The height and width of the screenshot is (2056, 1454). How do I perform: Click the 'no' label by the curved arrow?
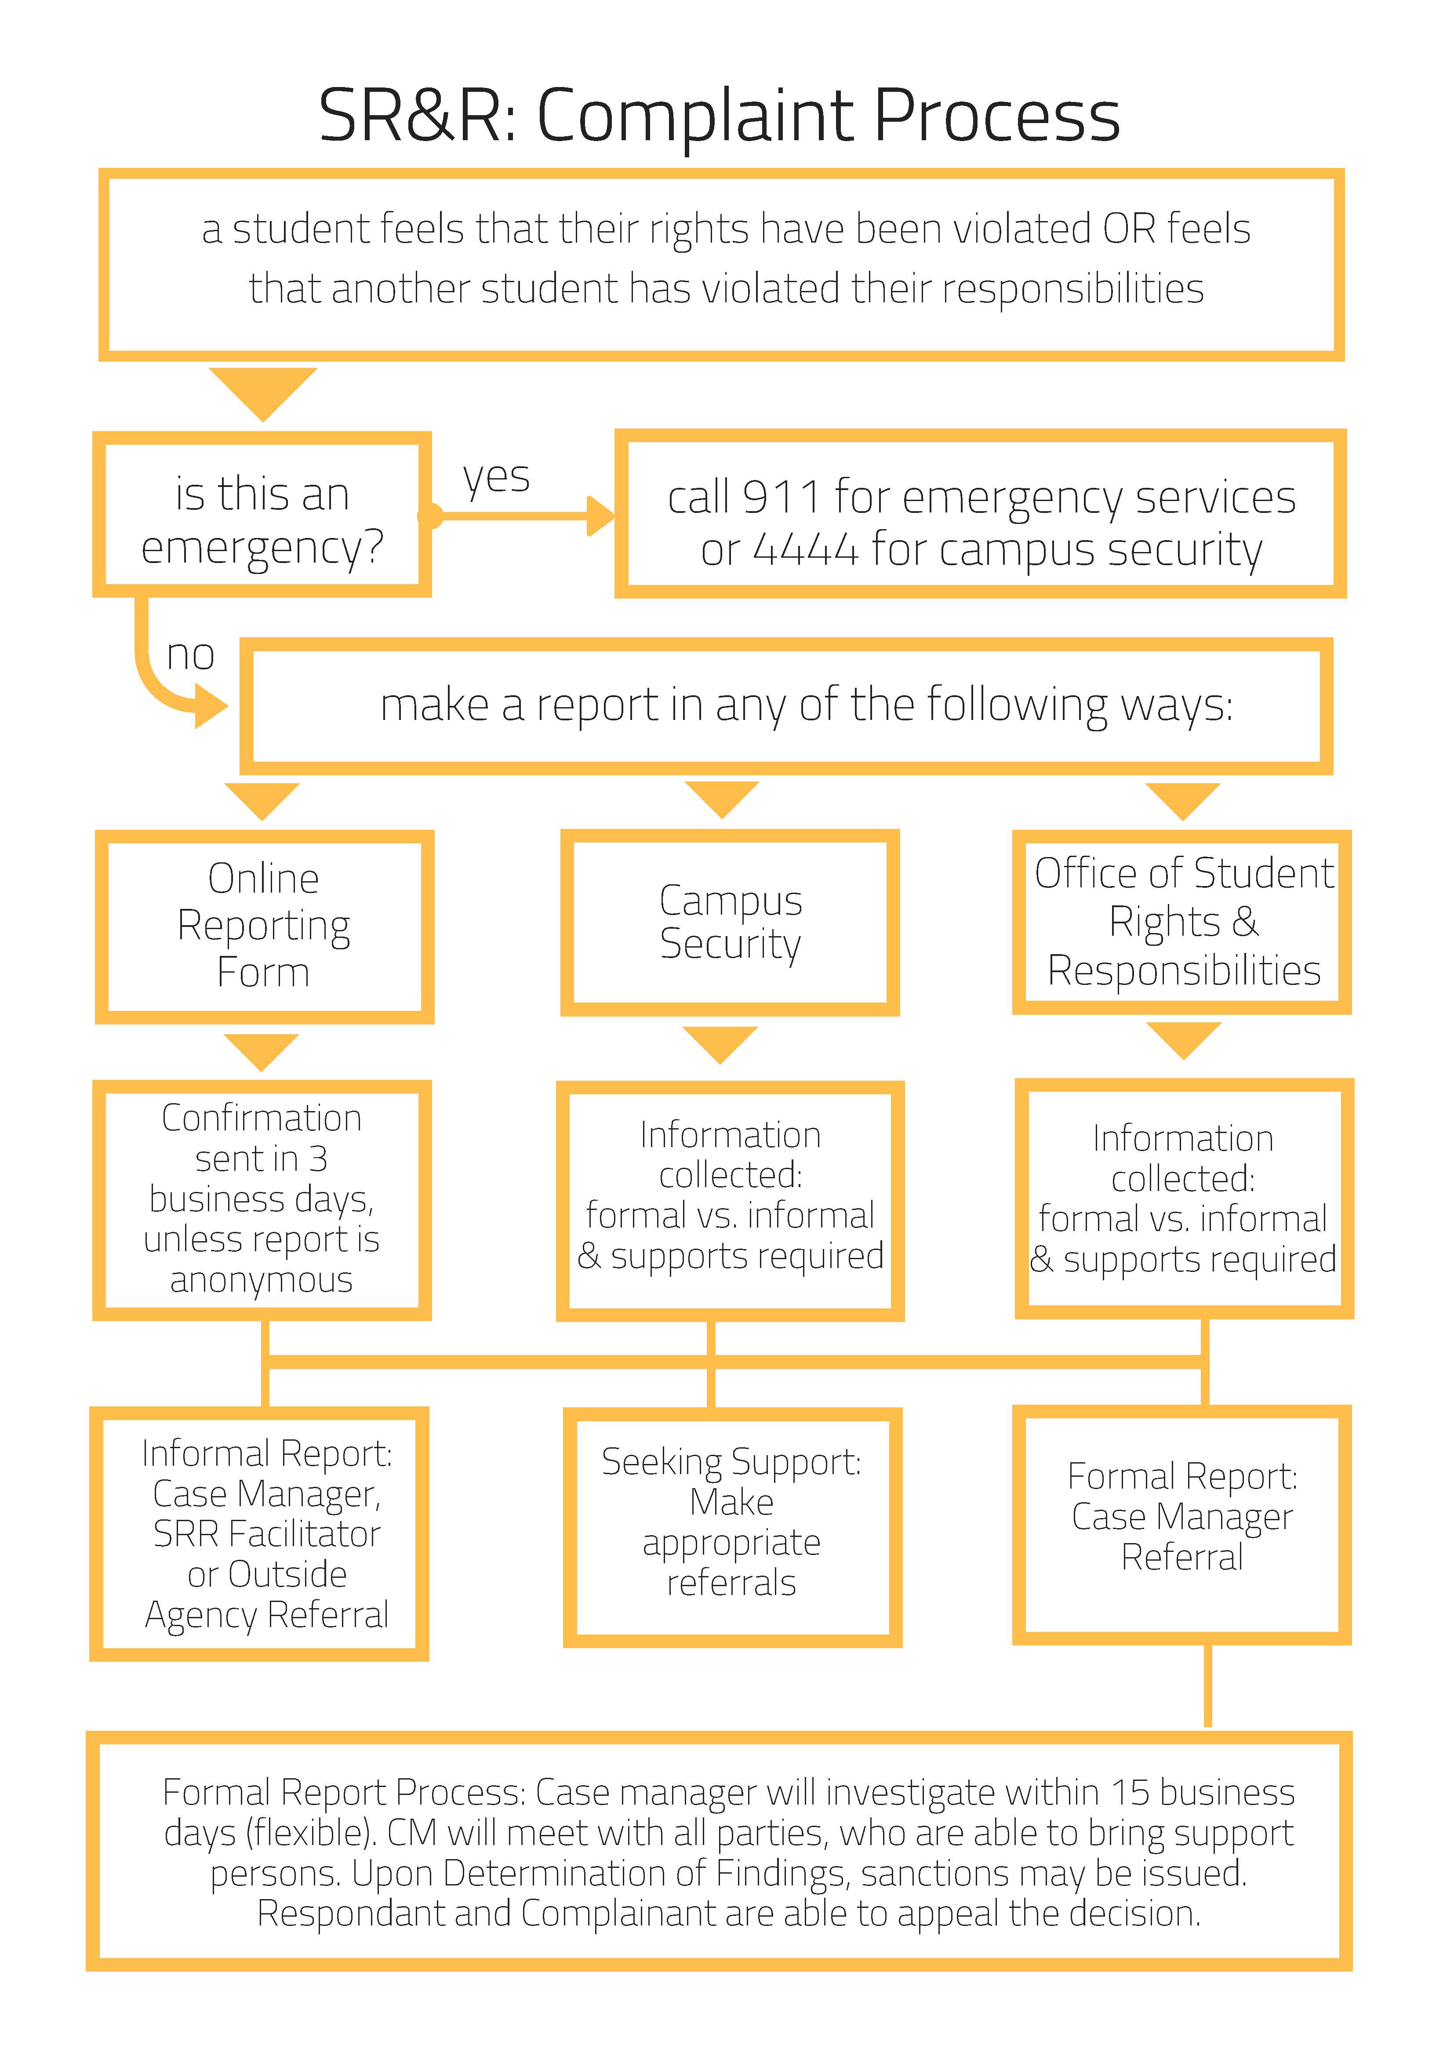(x=191, y=654)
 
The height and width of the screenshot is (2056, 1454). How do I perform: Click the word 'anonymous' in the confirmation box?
(x=262, y=1281)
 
